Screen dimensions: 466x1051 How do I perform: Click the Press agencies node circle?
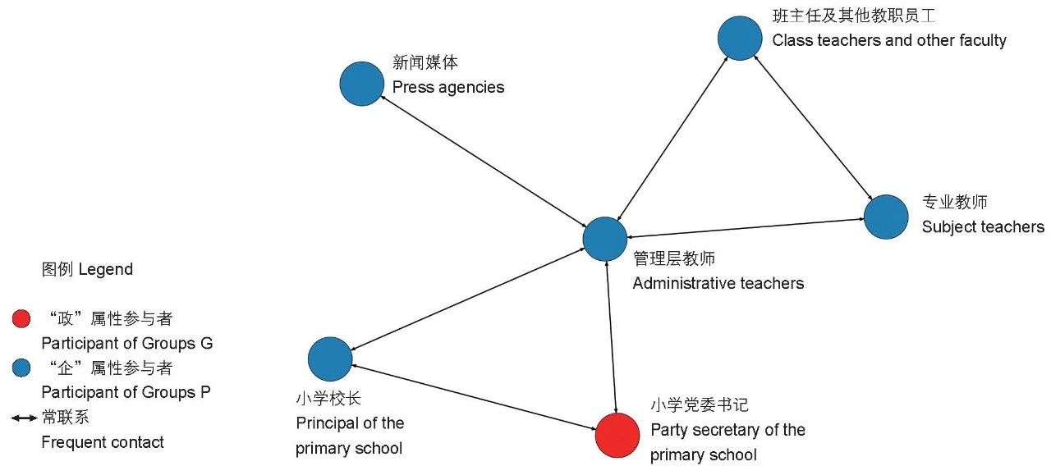(362, 84)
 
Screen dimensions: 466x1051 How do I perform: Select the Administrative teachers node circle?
(605, 239)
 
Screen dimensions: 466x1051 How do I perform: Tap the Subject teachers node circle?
(886, 217)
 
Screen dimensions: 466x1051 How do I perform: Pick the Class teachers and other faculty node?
(740, 38)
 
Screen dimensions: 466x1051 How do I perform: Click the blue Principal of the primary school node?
(330, 359)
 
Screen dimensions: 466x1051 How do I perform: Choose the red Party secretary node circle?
(617, 434)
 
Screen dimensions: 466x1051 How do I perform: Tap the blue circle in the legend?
(22, 367)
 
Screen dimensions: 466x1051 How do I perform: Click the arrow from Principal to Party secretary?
(474, 396)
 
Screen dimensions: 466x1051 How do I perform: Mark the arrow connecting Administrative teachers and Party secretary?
(611, 336)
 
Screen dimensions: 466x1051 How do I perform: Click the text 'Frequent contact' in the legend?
(103, 442)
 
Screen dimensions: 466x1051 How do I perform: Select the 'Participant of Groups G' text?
(126, 343)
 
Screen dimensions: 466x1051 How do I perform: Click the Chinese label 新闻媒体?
(425, 62)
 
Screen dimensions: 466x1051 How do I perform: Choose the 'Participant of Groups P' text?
(126, 392)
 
